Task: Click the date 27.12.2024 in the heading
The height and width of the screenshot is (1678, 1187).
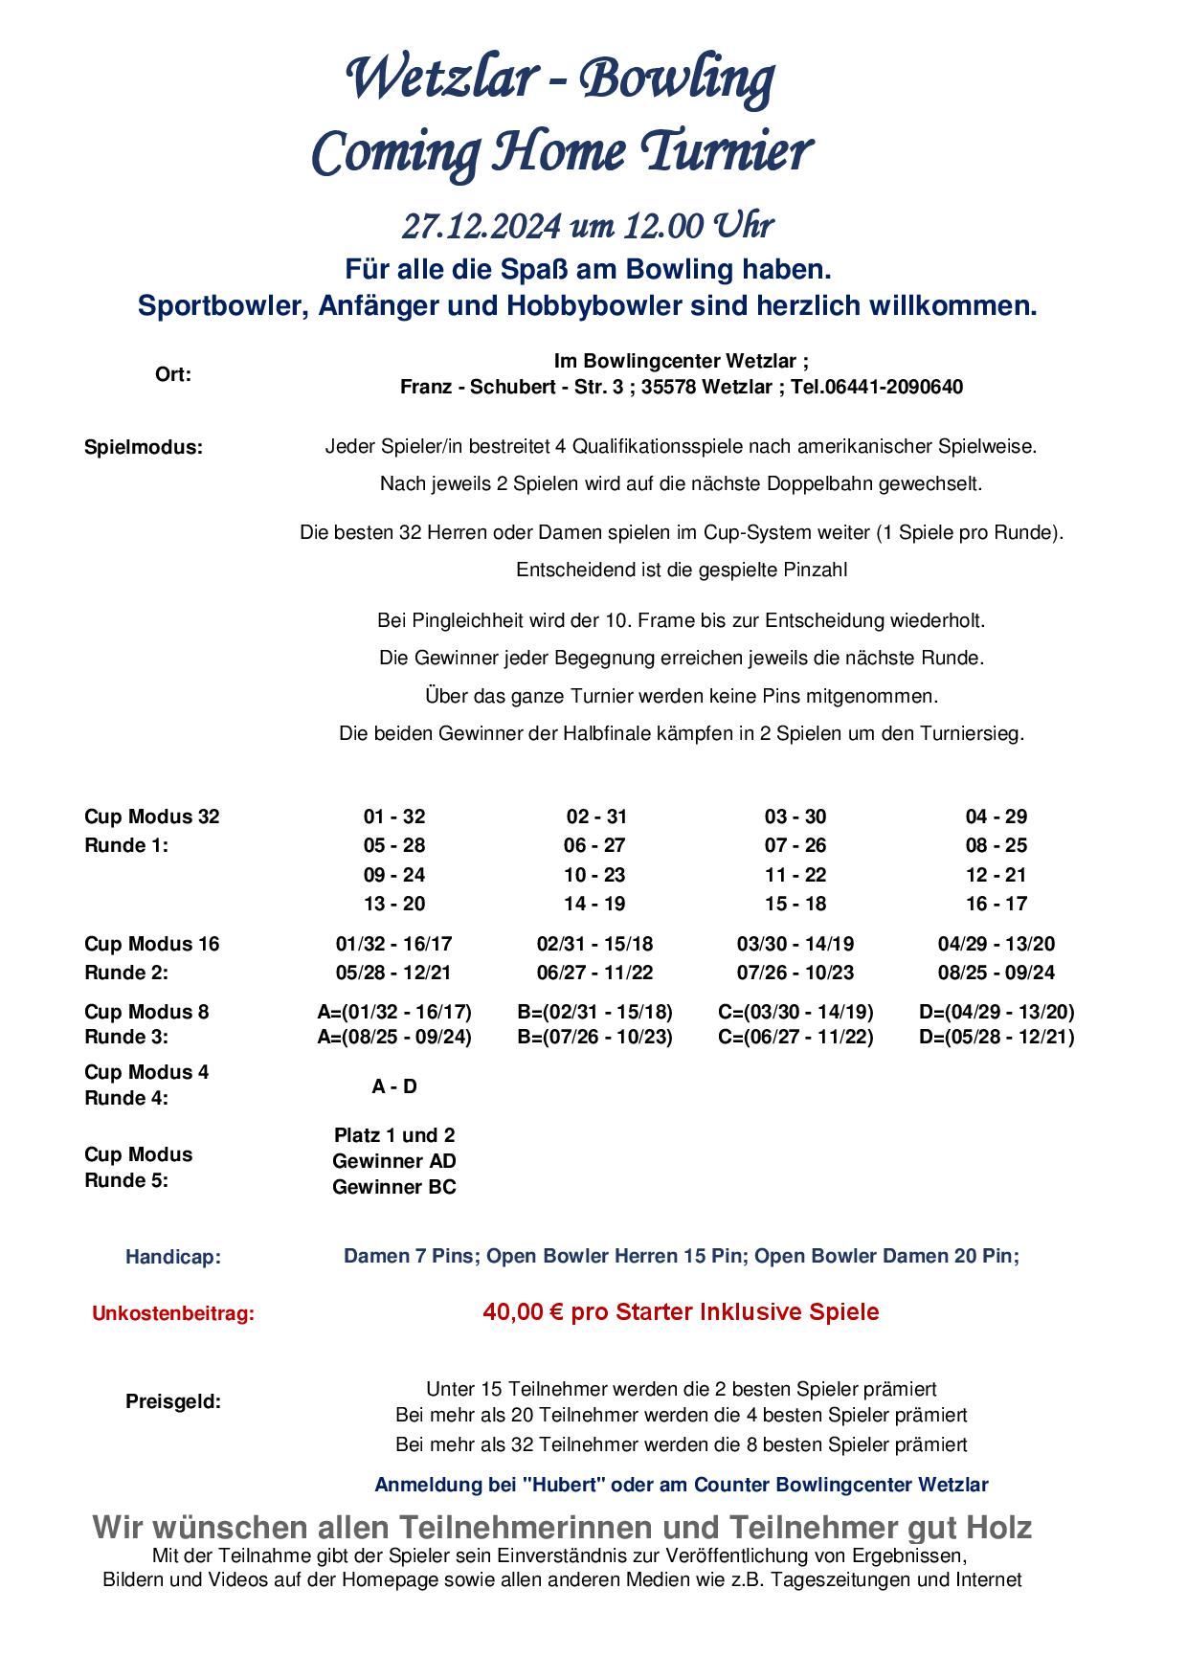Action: click(481, 226)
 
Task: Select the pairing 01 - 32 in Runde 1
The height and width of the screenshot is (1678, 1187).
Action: click(394, 817)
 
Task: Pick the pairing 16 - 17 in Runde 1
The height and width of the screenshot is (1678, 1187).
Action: click(997, 903)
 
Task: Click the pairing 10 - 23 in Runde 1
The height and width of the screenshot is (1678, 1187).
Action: click(594, 874)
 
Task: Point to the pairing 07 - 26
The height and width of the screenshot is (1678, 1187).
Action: click(795, 845)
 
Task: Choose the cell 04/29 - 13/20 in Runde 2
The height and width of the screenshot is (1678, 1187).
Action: click(997, 944)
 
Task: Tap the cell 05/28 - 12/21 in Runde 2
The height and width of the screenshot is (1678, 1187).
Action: click(394, 973)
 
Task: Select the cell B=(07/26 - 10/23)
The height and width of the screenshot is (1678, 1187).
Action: click(594, 1037)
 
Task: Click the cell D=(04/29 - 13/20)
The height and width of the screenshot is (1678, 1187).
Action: click(997, 1012)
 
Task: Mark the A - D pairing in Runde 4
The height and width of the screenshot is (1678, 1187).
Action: click(394, 1086)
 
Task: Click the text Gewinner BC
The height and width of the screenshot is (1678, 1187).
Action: click(394, 1187)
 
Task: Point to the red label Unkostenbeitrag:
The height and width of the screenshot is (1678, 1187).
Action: click(173, 1313)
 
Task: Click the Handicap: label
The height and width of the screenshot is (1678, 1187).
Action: click(173, 1257)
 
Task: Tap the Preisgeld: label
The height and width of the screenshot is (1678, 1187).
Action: click(173, 1401)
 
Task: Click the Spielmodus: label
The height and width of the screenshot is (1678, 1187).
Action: click(144, 447)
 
